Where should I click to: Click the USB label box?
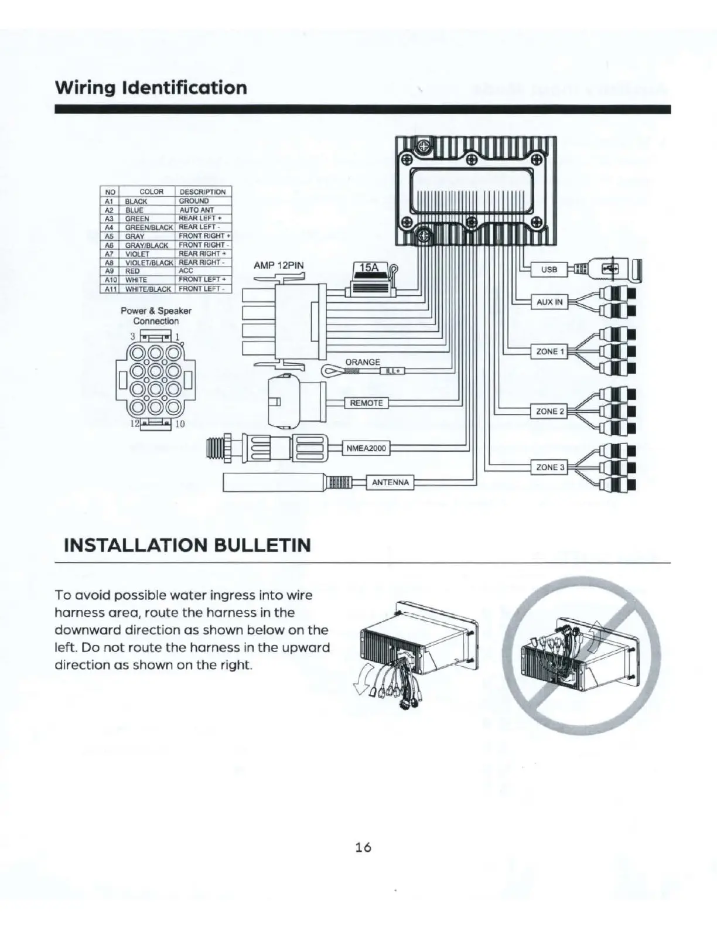pos(549,269)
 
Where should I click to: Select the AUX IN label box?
pos(549,302)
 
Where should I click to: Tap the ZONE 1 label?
pos(549,352)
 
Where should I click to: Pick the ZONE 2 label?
pos(549,411)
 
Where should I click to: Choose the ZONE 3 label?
pos(549,468)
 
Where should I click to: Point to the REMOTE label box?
pos(366,403)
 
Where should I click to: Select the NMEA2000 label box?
pos(367,449)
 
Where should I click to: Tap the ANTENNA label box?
pos(390,483)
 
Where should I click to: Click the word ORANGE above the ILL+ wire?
pos(363,362)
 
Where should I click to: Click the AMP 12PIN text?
pos(278,265)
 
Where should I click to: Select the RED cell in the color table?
pos(133,271)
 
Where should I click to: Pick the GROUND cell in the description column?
pos(194,201)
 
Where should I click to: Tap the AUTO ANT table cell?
pos(196,210)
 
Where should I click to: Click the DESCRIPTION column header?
pos(202,192)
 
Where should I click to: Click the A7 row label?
pos(108,254)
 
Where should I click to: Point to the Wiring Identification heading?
pos(151,88)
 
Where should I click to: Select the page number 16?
pos(363,847)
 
